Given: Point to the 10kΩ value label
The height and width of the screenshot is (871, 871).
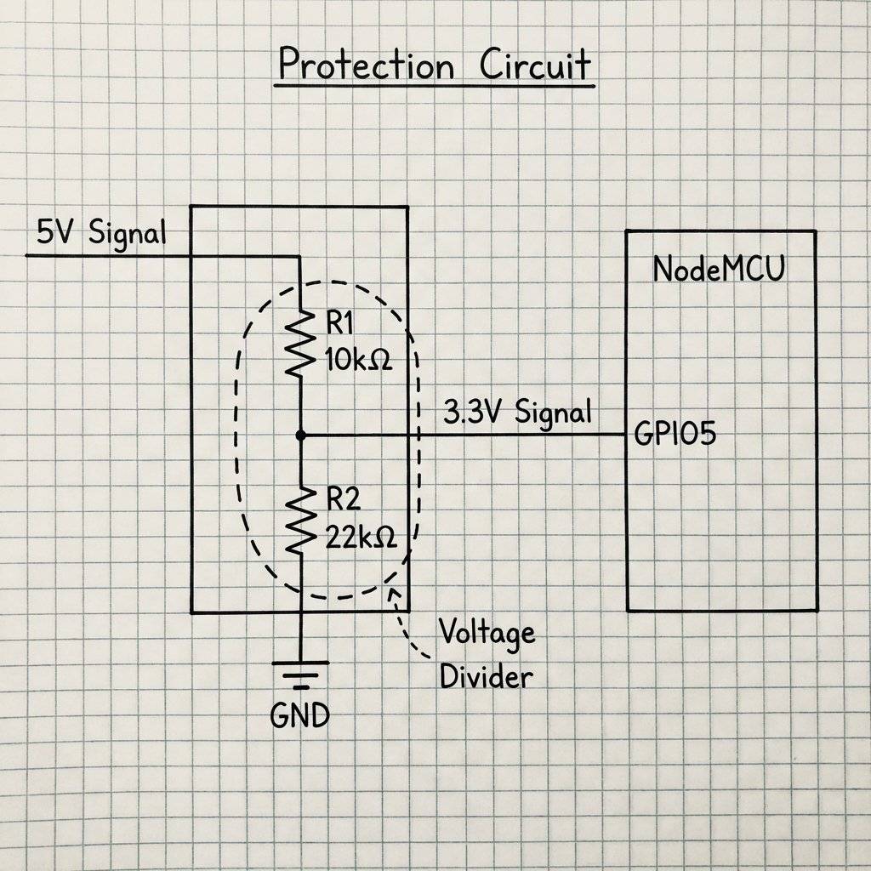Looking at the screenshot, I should (358, 360).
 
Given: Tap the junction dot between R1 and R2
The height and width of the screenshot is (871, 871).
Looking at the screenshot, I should (300, 435).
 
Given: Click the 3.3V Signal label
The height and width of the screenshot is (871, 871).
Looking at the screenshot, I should (517, 413).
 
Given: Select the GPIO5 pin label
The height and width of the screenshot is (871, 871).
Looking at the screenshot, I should (675, 435).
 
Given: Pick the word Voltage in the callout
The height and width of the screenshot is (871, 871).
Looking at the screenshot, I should (487, 633).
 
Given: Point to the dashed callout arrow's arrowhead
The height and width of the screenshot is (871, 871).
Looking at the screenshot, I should (392, 591).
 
